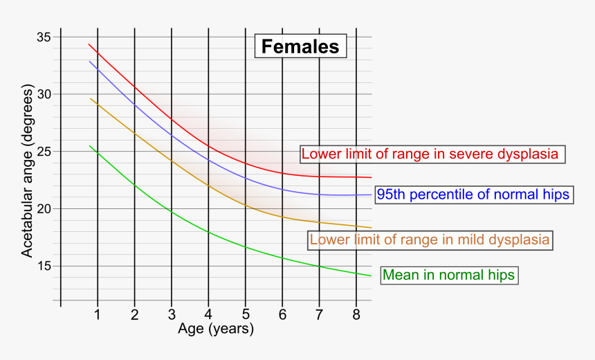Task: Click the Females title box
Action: click(x=300, y=46)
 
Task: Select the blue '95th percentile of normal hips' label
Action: click(x=474, y=195)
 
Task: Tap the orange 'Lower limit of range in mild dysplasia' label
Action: click(x=430, y=240)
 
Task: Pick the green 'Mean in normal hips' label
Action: click(x=449, y=275)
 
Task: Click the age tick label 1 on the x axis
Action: click(x=98, y=315)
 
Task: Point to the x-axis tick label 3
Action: click(x=172, y=315)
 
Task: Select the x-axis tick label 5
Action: click(x=245, y=315)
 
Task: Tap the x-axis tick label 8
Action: click(x=356, y=315)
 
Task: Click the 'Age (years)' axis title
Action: click(x=216, y=330)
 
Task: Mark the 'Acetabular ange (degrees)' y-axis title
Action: click(x=27, y=172)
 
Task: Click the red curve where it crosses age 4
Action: click(x=208, y=145)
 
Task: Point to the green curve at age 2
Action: click(x=135, y=186)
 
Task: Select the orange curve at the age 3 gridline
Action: click(x=172, y=161)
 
